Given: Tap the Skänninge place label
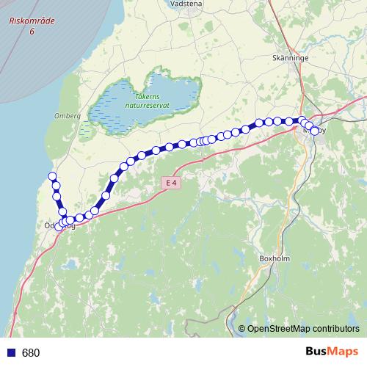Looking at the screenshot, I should pyautogui.click(x=288, y=57).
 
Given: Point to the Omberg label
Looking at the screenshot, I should pyautogui.click(x=67, y=116).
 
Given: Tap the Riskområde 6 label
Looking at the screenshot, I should pyautogui.click(x=31, y=27).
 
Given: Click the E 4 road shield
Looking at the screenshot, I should pyautogui.click(x=171, y=182).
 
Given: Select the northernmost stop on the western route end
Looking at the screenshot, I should pyautogui.click(x=52, y=175).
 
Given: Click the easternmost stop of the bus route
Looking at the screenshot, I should pyautogui.click(x=315, y=131).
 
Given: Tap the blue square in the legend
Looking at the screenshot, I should pyautogui.click(x=11, y=353).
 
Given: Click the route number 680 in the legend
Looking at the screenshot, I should pyautogui.click(x=31, y=353).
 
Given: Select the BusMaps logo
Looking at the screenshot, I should pyautogui.click(x=332, y=352).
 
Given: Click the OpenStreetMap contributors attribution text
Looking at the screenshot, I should pyautogui.click(x=303, y=329).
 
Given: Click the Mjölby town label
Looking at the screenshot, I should pyautogui.click(x=314, y=130).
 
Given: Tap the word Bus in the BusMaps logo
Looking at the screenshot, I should pyautogui.click(x=317, y=352).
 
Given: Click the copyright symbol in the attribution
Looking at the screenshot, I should pyautogui.click(x=241, y=329).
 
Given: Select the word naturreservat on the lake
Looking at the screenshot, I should pyautogui.click(x=147, y=105).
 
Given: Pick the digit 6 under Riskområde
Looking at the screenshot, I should pyautogui.click(x=32, y=32).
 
